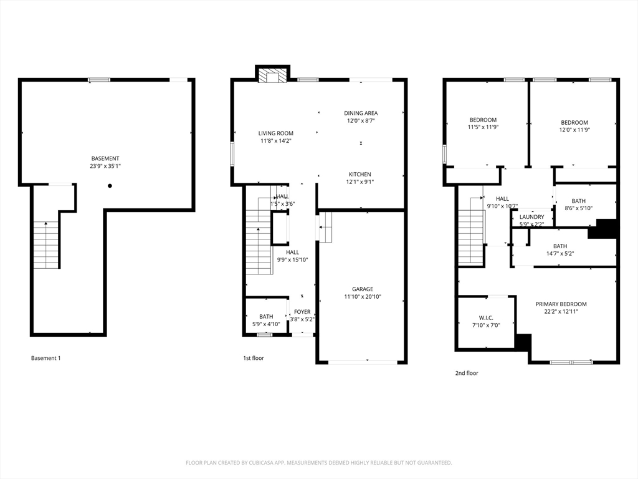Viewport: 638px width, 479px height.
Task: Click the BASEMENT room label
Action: pyautogui.click(x=105, y=158)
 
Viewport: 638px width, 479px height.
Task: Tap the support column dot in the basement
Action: pyautogui.click(x=110, y=185)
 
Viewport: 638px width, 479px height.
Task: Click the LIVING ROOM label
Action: pyautogui.click(x=276, y=133)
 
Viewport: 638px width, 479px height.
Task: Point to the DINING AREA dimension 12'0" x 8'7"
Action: pyautogui.click(x=361, y=121)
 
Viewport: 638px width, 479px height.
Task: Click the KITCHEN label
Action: pyautogui.click(x=359, y=175)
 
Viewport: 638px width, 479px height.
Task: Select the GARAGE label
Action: pyautogui.click(x=362, y=289)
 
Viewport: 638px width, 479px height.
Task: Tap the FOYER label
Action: pyautogui.click(x=302, y=312)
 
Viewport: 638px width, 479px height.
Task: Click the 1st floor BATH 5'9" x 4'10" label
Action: pyautogui.click(x=266, y=317)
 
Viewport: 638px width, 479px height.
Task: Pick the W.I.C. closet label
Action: pyautogui.click(x=486, y=317)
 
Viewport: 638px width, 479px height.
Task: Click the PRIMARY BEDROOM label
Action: pyautogui.click(x=561, y=304)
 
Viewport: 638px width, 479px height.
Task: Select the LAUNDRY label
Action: pyautogui.click(x=531, y=217)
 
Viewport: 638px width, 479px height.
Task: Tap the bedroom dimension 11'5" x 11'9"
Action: pyautogui.click(x=483, y=127)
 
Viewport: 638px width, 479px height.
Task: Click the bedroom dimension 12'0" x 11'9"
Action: pyautogui.click(x=574, y=130)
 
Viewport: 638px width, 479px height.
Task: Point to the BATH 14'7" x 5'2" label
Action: pyautogui.click(x=560, y=246)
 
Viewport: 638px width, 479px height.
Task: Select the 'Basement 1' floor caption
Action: pyautogui.click(x=46, y=358)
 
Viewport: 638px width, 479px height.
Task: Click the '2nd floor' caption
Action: pyautogui.click(x=467, y=373)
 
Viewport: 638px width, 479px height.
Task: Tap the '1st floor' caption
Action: pyautogui.click(x=254, y=358)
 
